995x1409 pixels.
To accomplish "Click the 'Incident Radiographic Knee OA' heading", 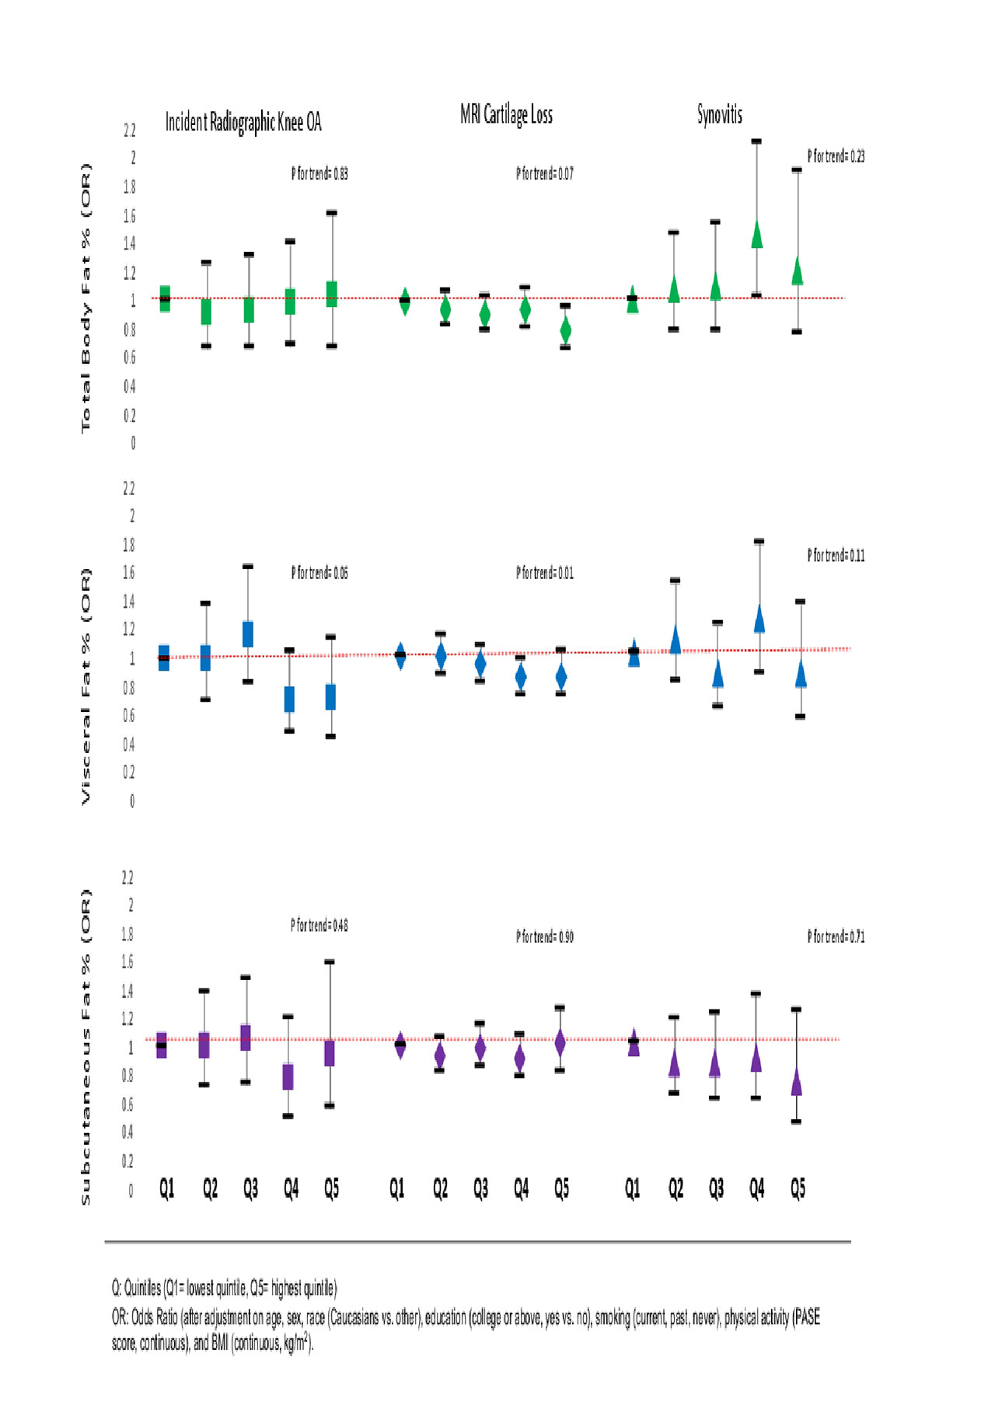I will (243, 122).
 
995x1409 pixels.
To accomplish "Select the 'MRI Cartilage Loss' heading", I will (506, 115).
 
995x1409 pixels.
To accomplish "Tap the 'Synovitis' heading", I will (719, 115).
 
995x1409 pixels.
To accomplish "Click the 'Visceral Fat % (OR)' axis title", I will (86, 685).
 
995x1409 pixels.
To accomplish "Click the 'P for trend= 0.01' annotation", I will (544, 573).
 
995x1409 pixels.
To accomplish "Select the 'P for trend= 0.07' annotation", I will (544, 173).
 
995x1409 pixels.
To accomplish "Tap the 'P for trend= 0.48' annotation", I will (319, 925).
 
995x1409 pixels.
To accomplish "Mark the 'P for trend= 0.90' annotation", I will (544, 936).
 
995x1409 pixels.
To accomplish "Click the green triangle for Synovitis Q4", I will (757, 235).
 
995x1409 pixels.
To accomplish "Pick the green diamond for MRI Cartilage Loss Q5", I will (565, 330).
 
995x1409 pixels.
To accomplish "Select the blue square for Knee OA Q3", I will (248, 634).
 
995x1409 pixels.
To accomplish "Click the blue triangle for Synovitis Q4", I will (759, 619).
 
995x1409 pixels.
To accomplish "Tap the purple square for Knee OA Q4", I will (288, 1076).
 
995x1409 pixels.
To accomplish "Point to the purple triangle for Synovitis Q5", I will (797, 1082).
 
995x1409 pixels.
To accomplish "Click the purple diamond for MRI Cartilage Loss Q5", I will (560, 1043).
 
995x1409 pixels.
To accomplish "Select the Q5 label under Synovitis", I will (798, 1188).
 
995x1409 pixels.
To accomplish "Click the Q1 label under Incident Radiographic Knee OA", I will (166, 1188).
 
